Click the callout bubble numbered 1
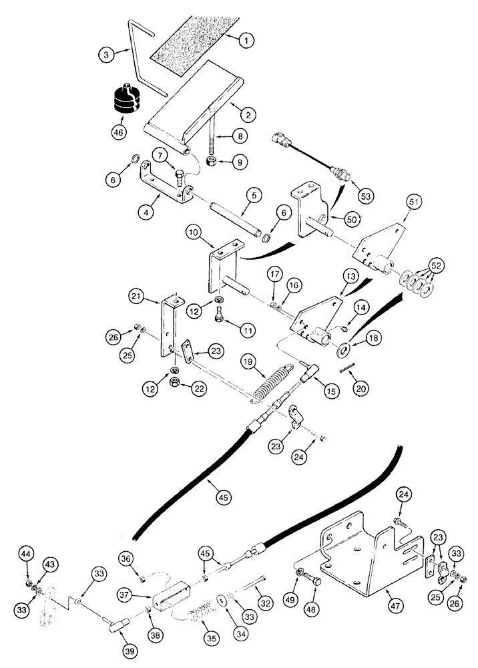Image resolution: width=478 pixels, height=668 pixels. (x=246, y=41)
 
